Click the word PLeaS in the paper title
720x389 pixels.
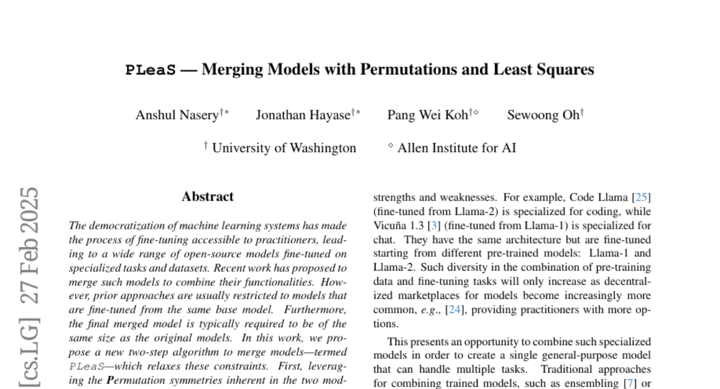point(151,70)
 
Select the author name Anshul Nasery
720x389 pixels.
point(177,115)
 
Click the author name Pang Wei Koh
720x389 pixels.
point(427,115)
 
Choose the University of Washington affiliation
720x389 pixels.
point(284,148)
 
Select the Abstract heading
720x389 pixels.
point(208,196)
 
